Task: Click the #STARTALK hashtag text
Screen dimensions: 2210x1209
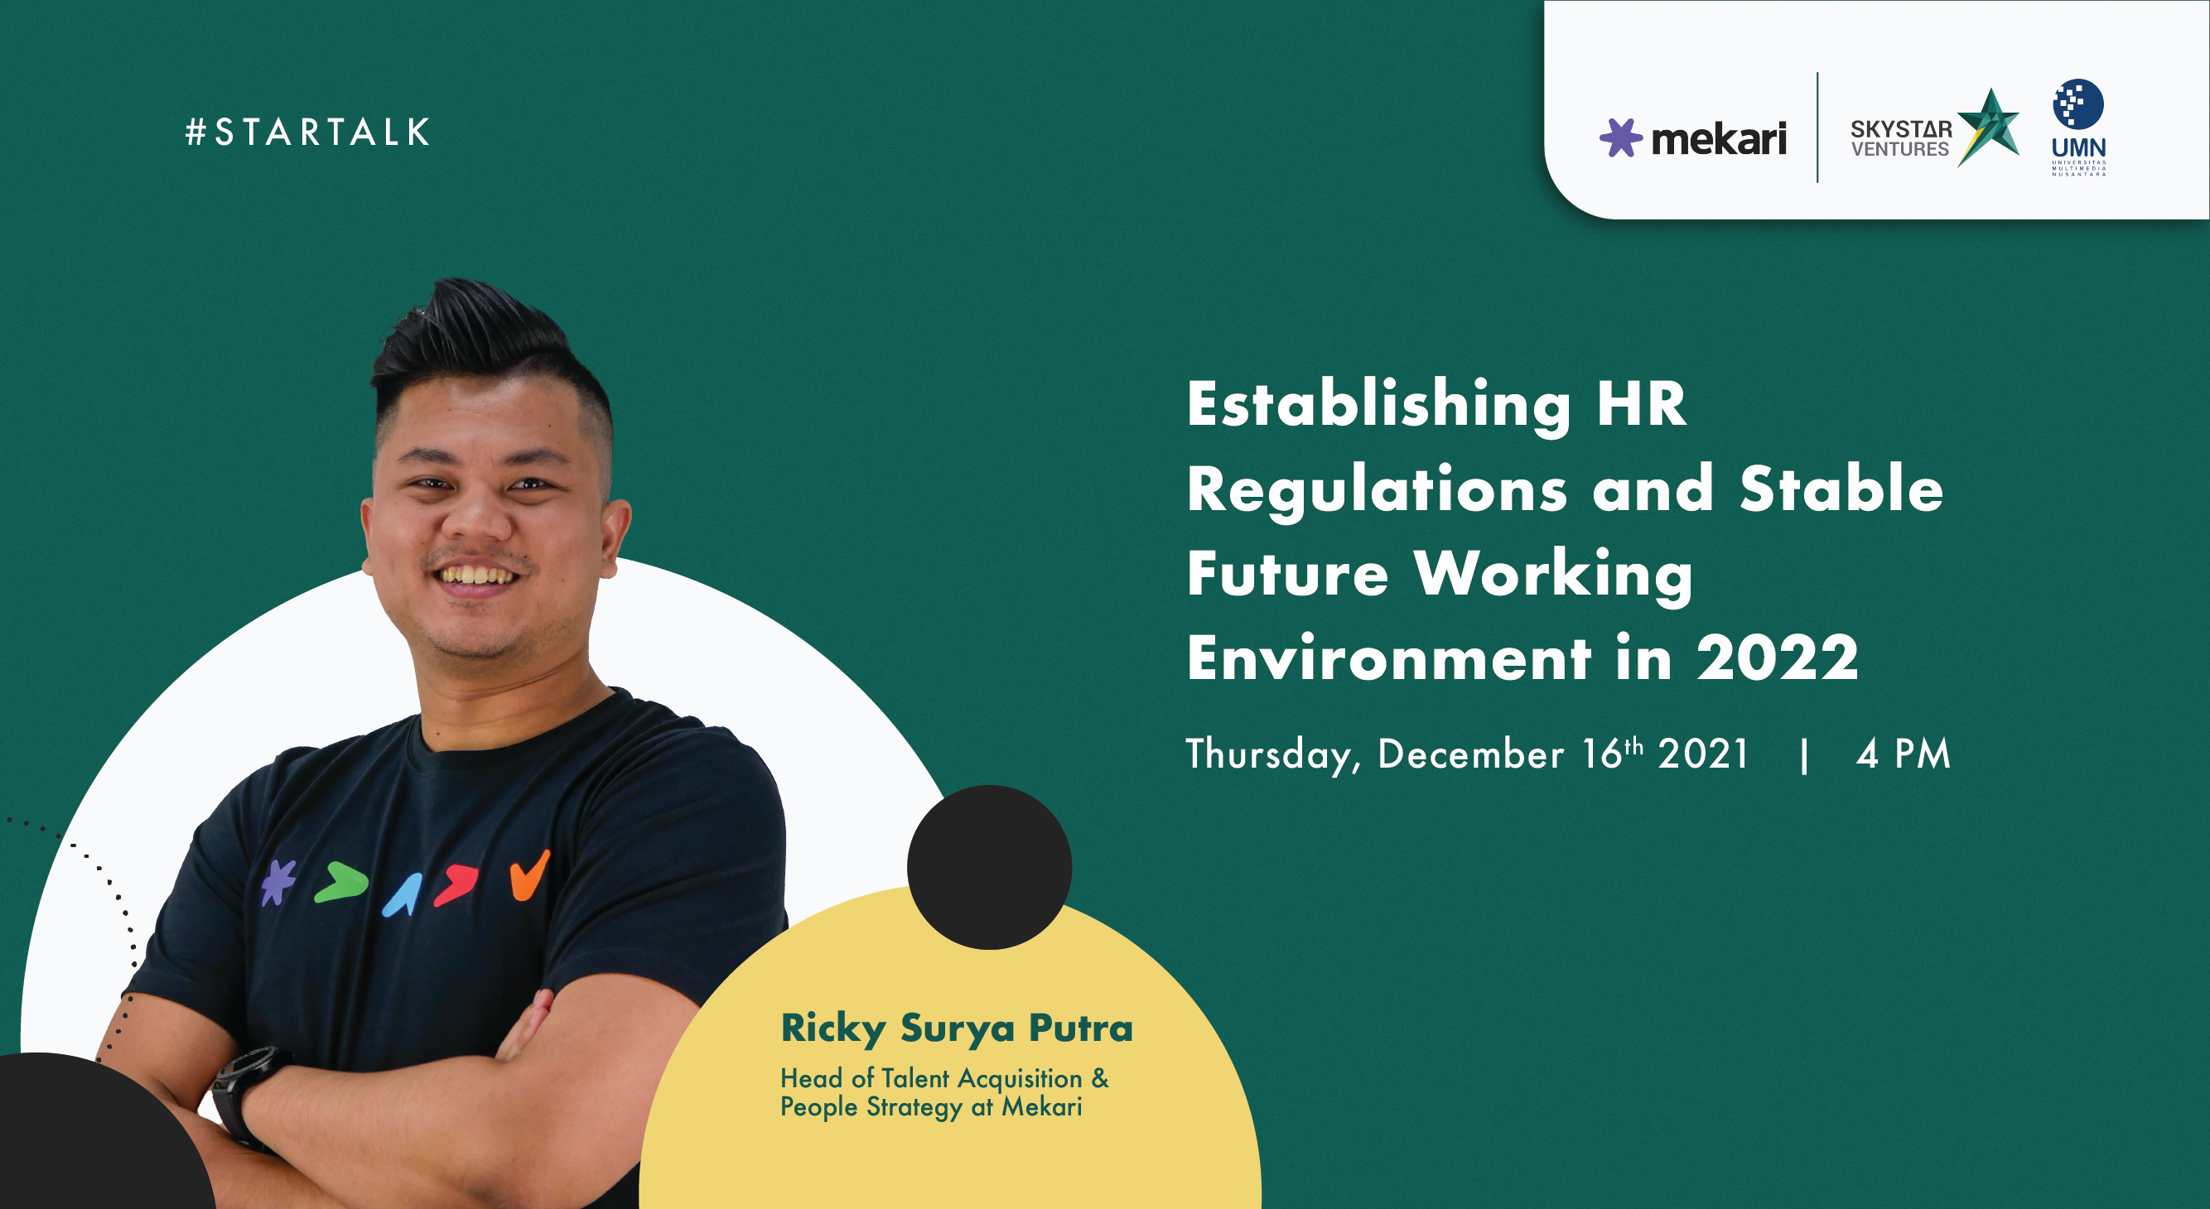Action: pos(307,132)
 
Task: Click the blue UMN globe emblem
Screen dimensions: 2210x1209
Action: pos(2077,104)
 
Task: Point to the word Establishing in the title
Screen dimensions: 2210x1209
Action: pos(1378,406)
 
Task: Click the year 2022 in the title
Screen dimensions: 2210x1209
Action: pos(1778,657)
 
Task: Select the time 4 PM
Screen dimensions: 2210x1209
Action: pos(1903,754)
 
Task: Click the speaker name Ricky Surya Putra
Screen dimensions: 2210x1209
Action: pos(957,1029)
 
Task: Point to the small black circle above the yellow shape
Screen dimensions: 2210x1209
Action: pos(989,867)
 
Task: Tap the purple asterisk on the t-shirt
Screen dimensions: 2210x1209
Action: pos(278,882)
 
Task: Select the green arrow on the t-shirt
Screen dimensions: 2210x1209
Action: pos(340,884)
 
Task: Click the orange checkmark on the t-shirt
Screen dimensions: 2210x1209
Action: pos(529,875)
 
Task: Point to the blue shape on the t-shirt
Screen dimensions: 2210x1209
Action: pos(403,896)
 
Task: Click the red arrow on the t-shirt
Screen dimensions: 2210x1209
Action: pos(456,886)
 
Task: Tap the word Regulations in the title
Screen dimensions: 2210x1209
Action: pos(1377,489)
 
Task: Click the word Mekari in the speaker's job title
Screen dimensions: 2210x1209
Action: pos(1042,1107)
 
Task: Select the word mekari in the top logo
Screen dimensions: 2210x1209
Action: pos(1719,138)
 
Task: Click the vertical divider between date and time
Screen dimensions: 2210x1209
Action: pos(1805,755)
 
